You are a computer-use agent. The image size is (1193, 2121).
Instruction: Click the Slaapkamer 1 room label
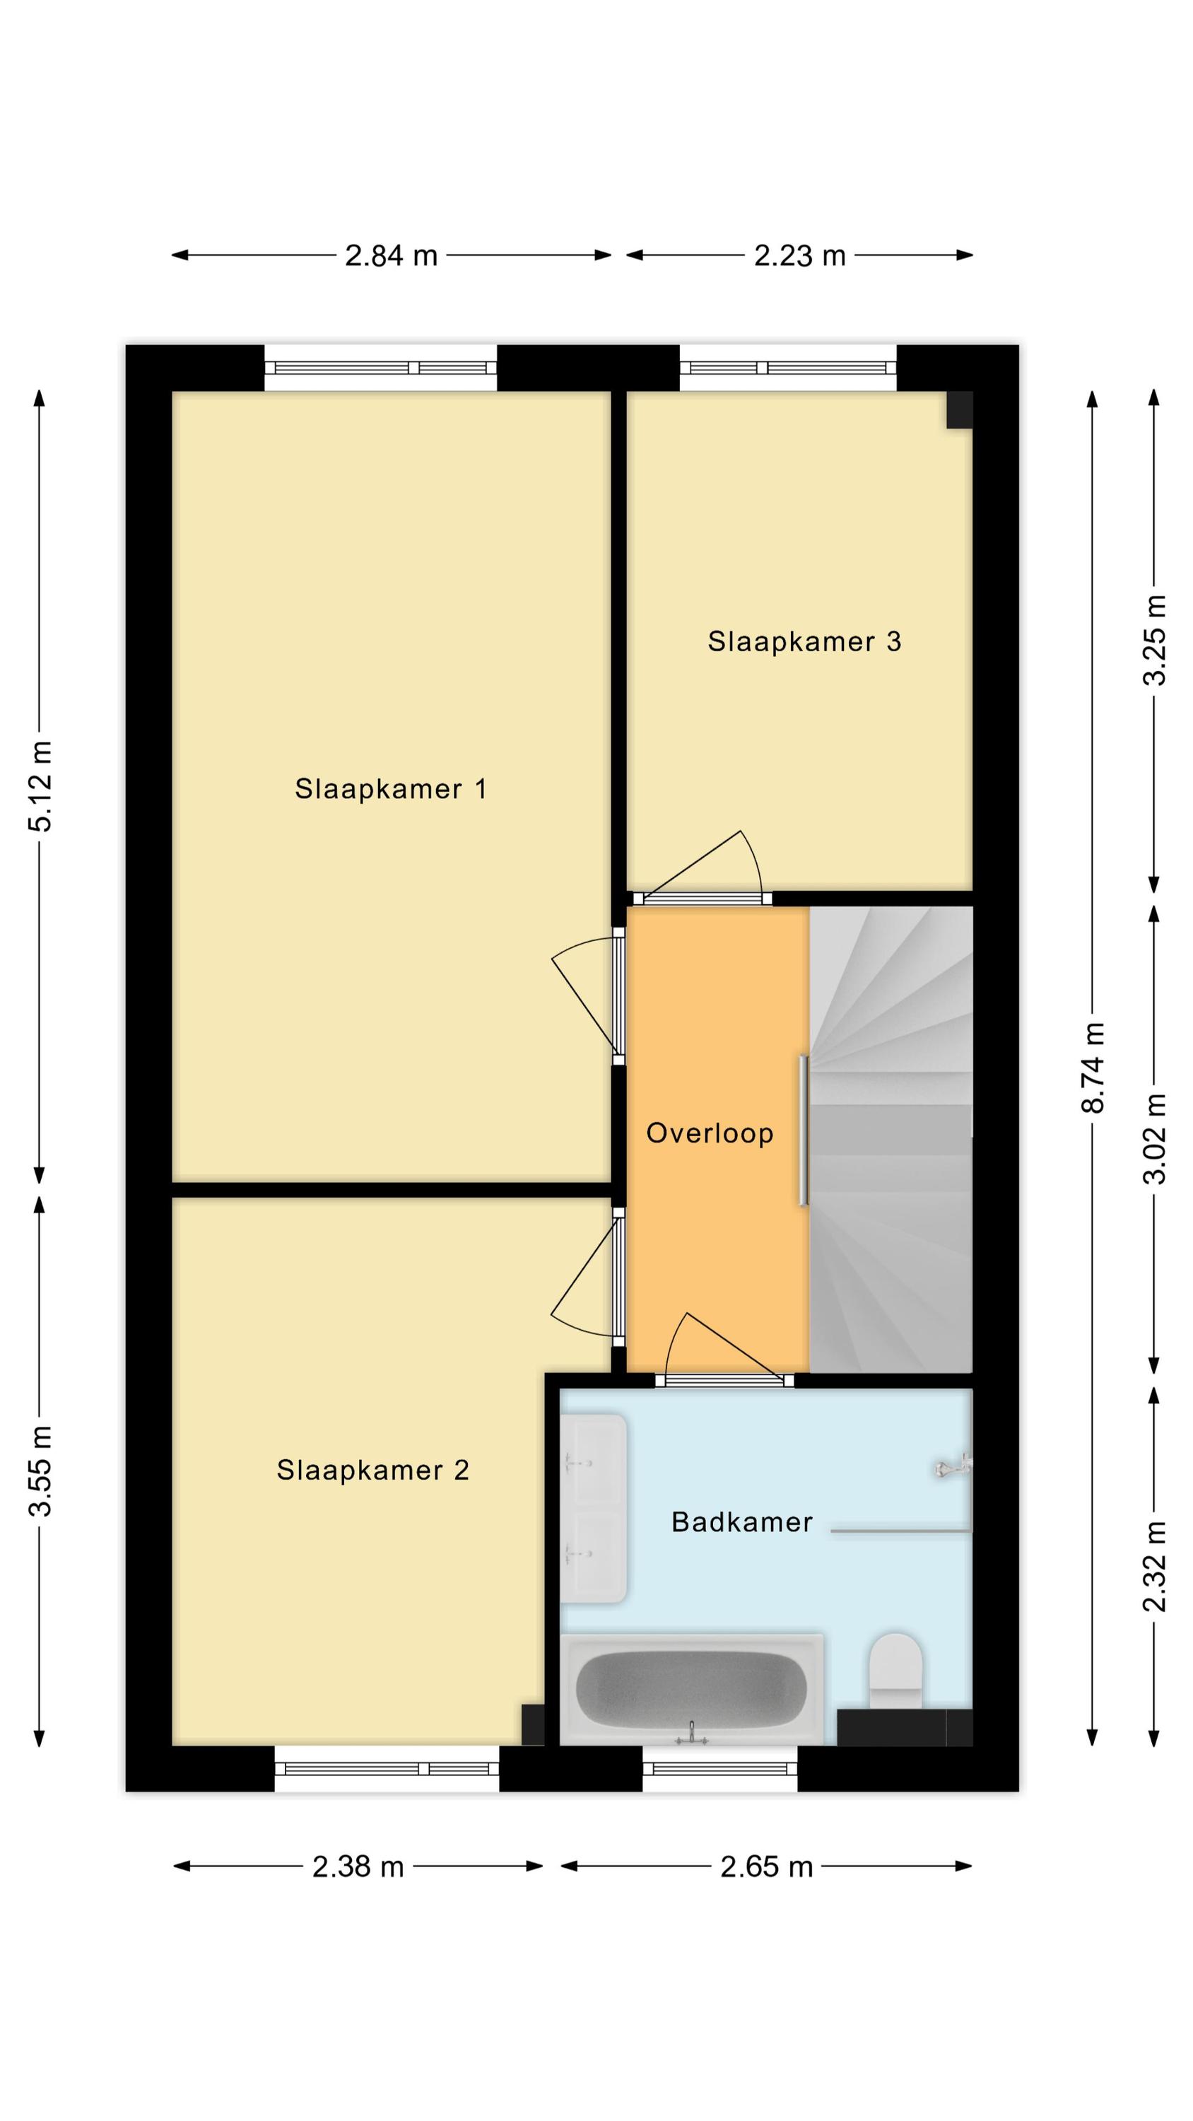click(390, 790)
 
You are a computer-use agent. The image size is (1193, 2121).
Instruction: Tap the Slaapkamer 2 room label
click(372, 1471)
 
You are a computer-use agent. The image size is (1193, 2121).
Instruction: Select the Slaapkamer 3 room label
click(804, 641)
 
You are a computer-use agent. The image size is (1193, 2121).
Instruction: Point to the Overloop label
click(710, 1134)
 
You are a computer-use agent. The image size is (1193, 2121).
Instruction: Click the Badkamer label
click(742, 1522)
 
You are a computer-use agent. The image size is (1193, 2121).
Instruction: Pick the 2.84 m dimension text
click(391, 256)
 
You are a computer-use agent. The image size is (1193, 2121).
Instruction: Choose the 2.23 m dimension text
click(799, 256)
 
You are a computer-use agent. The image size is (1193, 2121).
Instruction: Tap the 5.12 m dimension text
click(40, 785)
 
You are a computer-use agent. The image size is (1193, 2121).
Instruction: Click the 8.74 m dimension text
click(1093, 1068)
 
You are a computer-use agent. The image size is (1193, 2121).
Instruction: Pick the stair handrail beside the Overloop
click(804, 1131)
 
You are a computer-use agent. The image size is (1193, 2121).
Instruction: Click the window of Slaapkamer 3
click(788, 368)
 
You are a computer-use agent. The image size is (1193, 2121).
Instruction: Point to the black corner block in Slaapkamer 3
click(959, 410)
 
